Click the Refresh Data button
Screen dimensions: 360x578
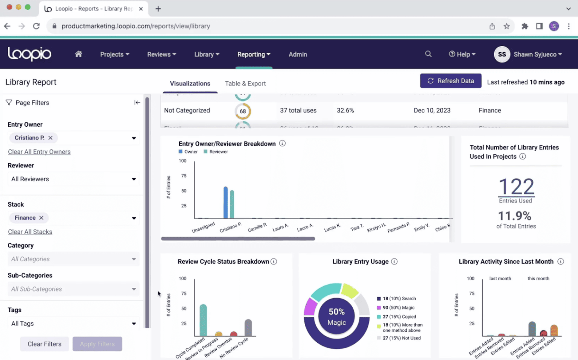(x=450, y=81)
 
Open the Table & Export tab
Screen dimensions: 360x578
(x=245, y=84)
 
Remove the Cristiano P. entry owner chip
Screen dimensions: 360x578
(x=50, y=138)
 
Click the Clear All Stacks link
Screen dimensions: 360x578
(x=30, y=232)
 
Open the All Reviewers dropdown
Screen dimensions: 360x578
(x=73, y=179)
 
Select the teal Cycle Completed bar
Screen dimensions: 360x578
(x=203, y=320)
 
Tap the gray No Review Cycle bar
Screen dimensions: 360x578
(x=248, y=328)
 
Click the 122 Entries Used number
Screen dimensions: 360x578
(x=516, y=187)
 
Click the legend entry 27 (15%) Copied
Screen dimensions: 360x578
(x=399, y=317)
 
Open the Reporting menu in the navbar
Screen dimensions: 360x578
(x=254, y=55)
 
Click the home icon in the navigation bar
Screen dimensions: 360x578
(x=78, y=54)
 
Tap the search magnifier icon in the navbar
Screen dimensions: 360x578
(x=428, y=54)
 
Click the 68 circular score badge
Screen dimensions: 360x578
(x=243, y=111)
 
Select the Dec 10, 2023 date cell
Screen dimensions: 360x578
(x=432, y=111)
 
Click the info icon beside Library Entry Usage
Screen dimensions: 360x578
(x=394, y=261)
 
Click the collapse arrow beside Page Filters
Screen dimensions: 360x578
(x=137, y=103)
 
